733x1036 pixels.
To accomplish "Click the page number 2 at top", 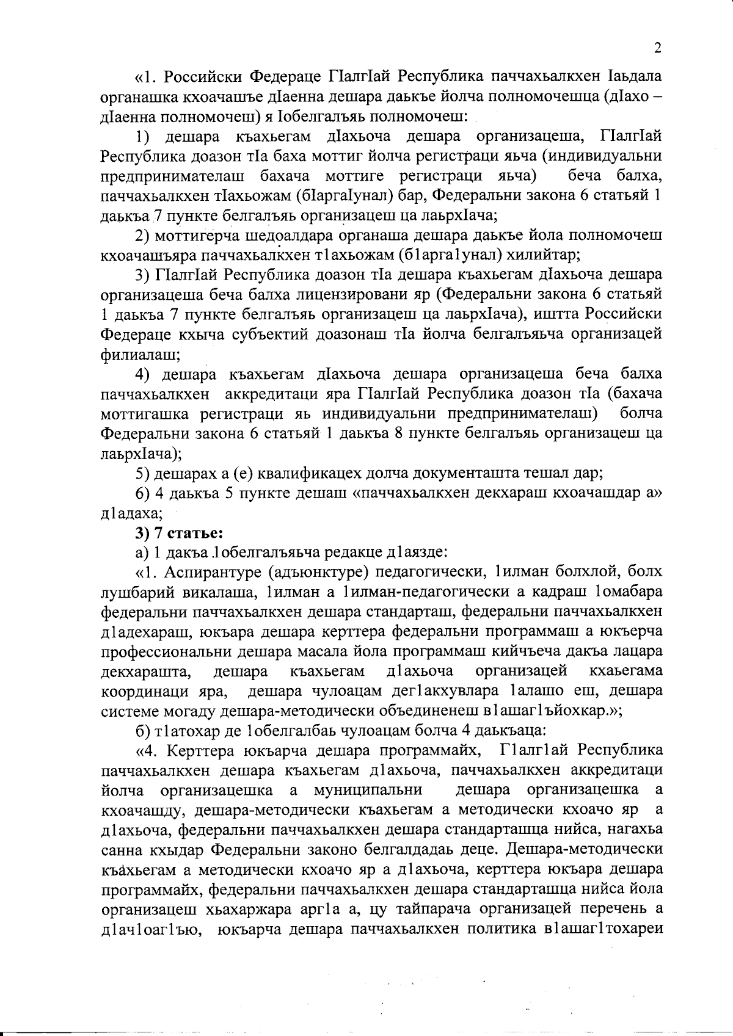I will click(x=657, y=49).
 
